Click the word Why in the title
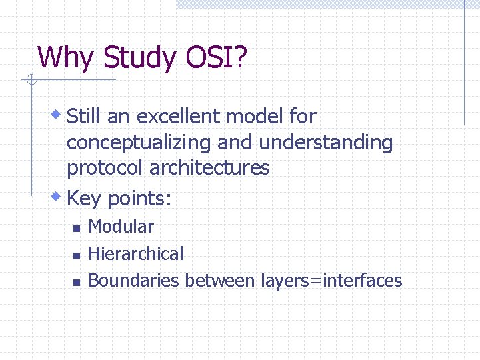click(66, 58)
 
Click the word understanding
click(326, 143)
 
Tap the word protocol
click(105, 168)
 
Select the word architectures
click(209, 168)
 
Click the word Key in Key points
click(85, 198)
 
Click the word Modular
click(121, 227)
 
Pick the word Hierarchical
click(135, 254)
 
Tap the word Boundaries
click(133, 281)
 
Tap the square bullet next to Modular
click(76, 229)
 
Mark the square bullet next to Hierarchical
click(76, 255)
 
